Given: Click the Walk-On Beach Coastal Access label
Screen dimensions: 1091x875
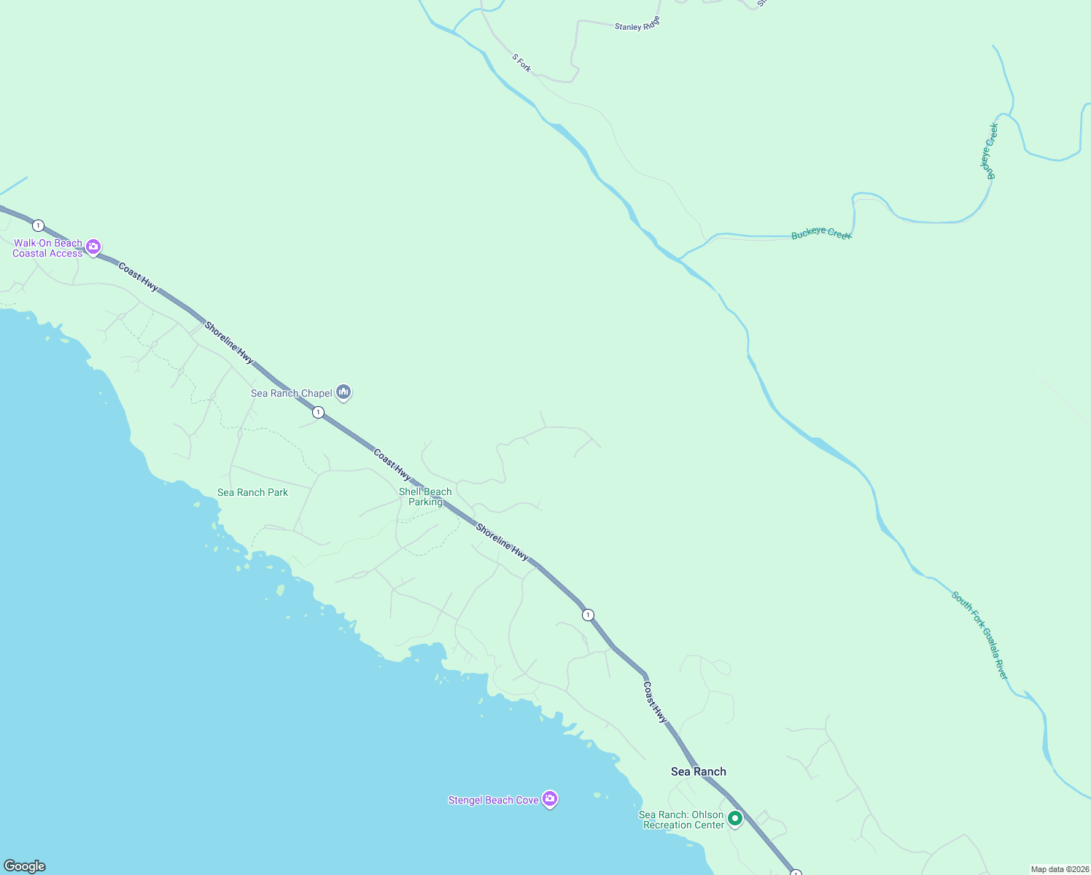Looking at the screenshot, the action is (47, 249).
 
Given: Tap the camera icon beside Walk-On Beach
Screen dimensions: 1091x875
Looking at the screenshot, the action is (93, 247).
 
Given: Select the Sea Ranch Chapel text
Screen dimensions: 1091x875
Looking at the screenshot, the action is (291, 394).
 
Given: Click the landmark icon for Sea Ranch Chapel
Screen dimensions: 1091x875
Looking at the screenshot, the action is (343, 392).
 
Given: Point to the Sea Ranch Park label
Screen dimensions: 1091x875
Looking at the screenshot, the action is (252, 493).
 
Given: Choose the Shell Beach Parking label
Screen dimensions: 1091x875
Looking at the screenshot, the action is (425, 497).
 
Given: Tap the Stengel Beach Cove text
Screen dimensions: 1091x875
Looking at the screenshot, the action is (493, 801).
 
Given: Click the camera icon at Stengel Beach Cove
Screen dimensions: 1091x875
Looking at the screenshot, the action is (551, 799).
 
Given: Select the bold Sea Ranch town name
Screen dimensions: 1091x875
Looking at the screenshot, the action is (698, 771).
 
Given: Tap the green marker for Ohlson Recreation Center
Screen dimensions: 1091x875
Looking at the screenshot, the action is (735, 819).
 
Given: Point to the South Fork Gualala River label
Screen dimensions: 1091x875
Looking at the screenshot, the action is (979, 635).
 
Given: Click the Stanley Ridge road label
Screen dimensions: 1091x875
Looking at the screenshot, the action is (637, 25).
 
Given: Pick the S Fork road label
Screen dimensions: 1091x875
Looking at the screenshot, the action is (521, 63).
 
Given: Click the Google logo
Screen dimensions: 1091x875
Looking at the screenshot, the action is (25, 866).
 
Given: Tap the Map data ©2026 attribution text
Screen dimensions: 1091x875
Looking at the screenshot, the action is (1059, 869).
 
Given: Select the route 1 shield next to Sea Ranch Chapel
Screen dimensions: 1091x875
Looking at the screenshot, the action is (318, 413).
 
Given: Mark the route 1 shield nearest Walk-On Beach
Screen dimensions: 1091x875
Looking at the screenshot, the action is (38, 226).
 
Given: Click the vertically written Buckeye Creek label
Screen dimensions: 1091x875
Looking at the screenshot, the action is (989, 151).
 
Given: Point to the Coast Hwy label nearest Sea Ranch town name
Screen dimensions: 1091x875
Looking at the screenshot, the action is (655, 702).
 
